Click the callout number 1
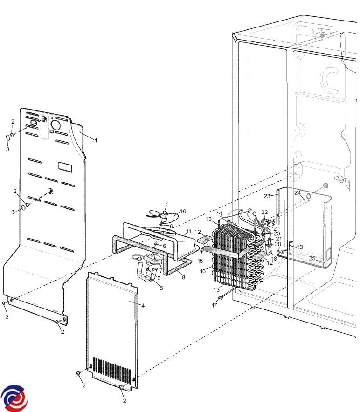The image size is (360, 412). point(96,140)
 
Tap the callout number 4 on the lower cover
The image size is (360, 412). point(143,306)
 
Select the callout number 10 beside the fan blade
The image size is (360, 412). point(183,211)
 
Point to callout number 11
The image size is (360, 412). point(188,232)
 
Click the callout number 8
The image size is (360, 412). point(183,277)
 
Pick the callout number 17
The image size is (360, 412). point(215,305)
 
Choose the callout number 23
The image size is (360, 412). point(267,196)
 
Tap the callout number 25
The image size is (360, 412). point(312,258)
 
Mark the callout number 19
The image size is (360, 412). point(300,247)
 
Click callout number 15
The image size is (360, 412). point(200,261)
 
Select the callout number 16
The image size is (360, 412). point(203,271)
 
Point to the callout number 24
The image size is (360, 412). point(298,192)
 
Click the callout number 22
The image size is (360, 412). point(264,212)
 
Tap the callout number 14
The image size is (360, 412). point(219,213)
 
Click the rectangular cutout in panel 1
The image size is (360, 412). point(65,167)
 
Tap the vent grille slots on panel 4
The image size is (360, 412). point(112,370)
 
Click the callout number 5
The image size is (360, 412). point(161,288)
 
